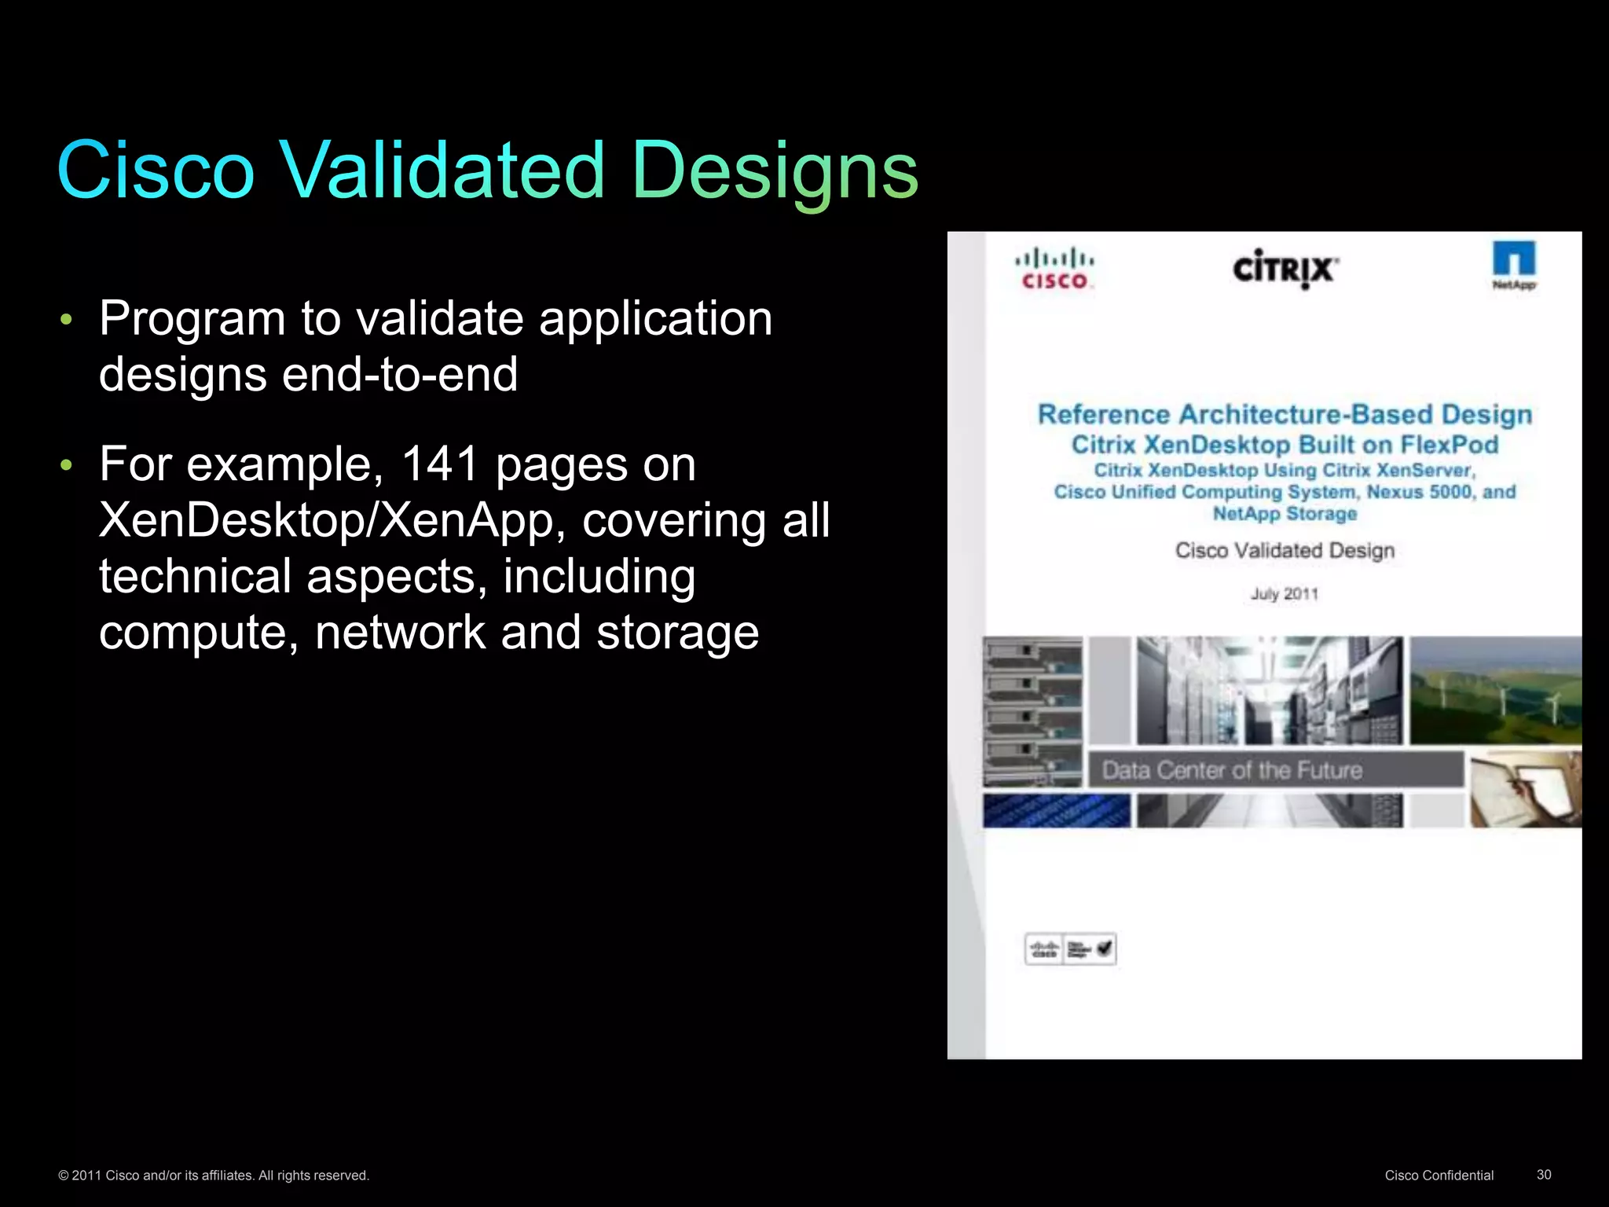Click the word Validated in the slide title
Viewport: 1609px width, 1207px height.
(442, 170)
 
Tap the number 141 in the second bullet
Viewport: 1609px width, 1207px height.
(439, 464)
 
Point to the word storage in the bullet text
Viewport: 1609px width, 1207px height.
(677, 633)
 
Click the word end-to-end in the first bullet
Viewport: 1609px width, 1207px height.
(400, 374)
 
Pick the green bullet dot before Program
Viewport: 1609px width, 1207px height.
(67, 320)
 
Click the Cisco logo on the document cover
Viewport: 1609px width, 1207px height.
(1054, 270)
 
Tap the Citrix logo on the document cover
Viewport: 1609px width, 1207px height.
(1285, 270)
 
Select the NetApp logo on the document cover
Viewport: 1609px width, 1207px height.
(1514, 266)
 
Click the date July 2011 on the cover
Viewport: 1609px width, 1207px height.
(1285, 594)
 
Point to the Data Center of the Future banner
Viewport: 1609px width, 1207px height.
(1275, 770)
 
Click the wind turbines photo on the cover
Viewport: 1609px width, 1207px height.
(1495, 690)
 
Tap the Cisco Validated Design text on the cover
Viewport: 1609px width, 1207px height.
(1285, 550)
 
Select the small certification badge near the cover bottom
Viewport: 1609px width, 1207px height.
(1070, 949)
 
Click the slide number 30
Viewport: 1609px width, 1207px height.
(1544, 1174)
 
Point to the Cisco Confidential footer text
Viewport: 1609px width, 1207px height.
(1439, 1175)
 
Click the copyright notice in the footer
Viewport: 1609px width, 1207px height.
(214, 1176)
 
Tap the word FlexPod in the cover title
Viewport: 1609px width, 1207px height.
(1449, 445)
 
